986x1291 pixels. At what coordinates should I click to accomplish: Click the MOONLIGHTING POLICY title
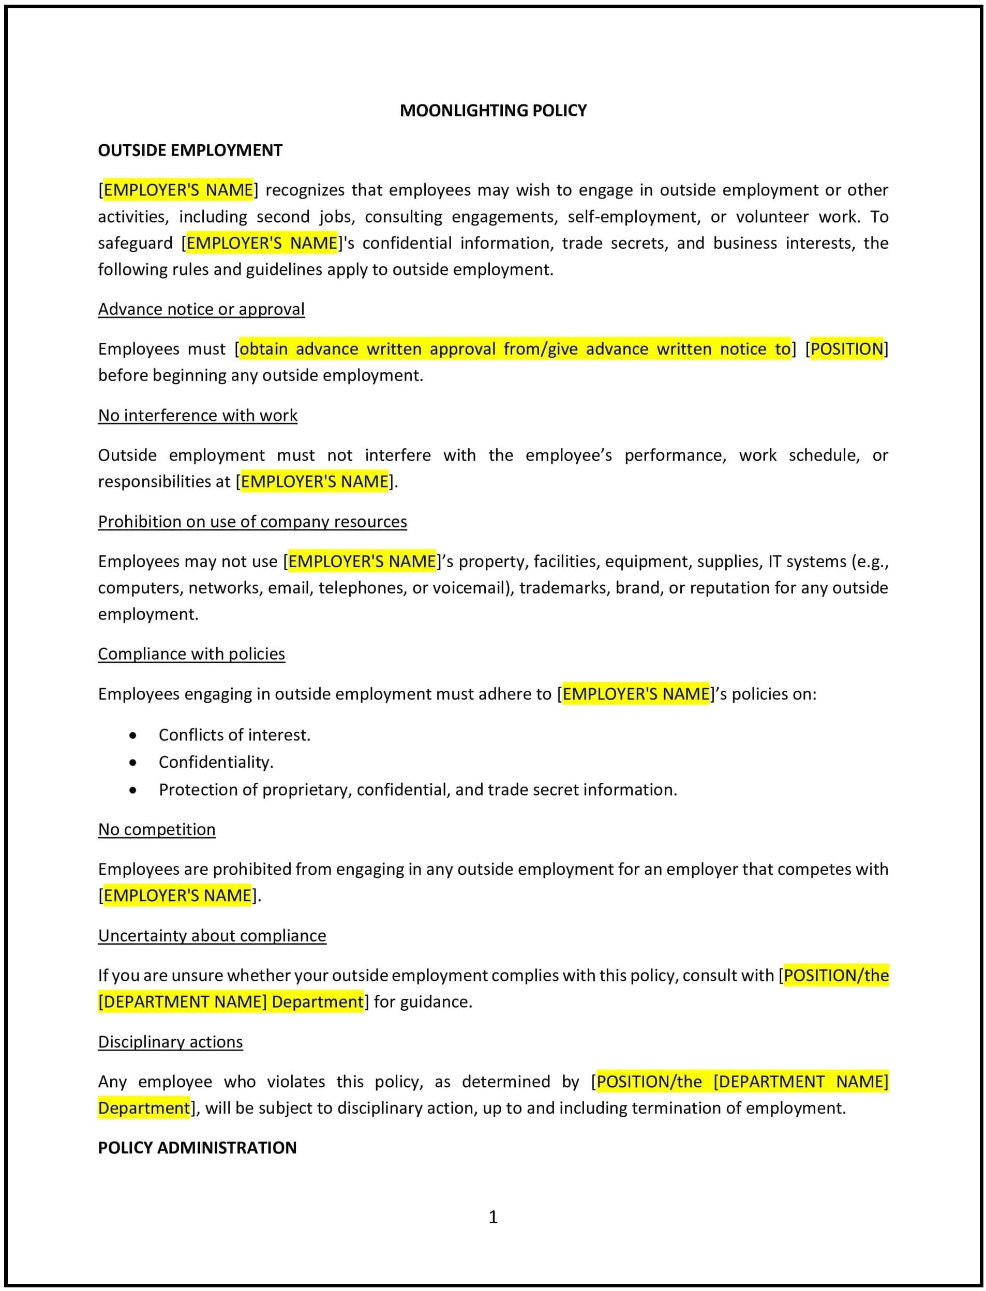[x=493, y=110]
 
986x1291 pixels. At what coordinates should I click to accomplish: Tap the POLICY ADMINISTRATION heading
[x=197, y=1147]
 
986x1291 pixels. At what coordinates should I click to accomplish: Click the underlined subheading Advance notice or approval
[x=201, y=309]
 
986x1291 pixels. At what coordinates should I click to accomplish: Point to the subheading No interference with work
[x=197, y=415]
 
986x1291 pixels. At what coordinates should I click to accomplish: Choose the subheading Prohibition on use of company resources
[x=252, y=522]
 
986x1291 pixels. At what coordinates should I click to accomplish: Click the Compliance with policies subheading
[x=191, y=654]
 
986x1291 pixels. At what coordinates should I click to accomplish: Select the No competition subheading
[x=157, y=829]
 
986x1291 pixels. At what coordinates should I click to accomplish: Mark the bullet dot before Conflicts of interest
[x=133, y=736]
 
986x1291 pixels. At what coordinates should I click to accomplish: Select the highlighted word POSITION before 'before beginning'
[x=846, y=349]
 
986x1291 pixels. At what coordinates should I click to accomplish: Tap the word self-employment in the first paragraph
[x=634, y=217]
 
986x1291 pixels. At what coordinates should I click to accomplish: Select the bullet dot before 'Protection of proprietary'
[x=133, y=790]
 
